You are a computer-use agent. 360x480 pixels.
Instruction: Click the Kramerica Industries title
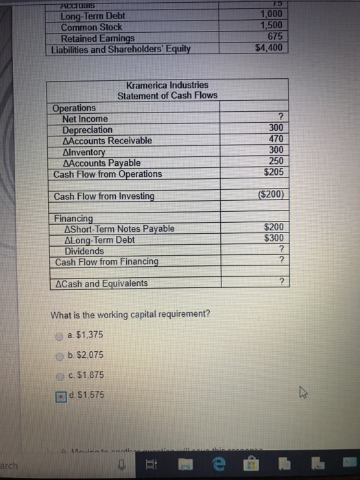pos(167,85)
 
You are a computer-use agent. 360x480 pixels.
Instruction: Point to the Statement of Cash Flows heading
pos(167,95)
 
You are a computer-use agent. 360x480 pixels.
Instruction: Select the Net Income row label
pos(85,119)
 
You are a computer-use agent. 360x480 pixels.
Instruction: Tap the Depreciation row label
pos(87,130)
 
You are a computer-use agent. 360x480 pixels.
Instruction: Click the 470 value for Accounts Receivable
pos(276,139)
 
